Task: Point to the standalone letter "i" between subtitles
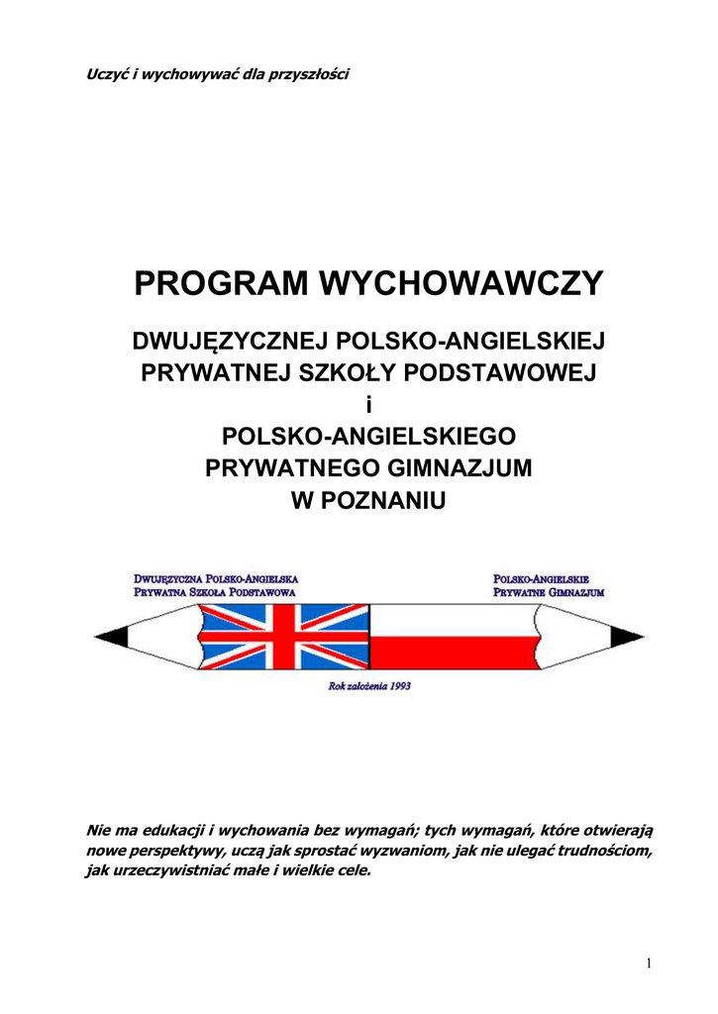coord(367,404)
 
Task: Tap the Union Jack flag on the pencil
coord(284,636)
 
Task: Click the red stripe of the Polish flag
coord(451,651)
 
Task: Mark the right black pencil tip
coord(626,635)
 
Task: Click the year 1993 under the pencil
coord(399,685)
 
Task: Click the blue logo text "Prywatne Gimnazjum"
coord(550,592)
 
